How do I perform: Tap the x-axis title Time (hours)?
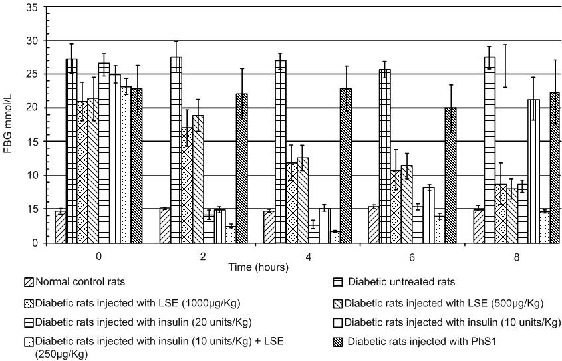coord(259,267)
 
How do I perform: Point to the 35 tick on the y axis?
coord(33,7)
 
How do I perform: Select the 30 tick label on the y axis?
coord(33,41)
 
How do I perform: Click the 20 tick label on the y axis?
coord(33,108)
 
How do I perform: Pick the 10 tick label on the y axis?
coord(33,176)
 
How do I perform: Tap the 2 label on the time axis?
coord(203,257)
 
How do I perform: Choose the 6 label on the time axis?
coord(412,257)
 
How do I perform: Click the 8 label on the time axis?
coord(517,257)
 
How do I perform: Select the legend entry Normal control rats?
coord(75,282)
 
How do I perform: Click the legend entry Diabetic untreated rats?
coord(394,282)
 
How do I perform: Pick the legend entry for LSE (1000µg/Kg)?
coord(132,303)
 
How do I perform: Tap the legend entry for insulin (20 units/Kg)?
coord(138,322)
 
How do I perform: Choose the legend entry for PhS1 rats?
coord(415,341)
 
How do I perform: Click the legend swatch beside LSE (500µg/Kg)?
coord(338,304)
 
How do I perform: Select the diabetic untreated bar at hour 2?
coord(176,150)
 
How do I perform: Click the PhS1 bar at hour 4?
coord(346,166)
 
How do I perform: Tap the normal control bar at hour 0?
coord(61,227)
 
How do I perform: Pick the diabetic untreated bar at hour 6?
coord(385,156)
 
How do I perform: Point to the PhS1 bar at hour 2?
coord(242,169)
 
